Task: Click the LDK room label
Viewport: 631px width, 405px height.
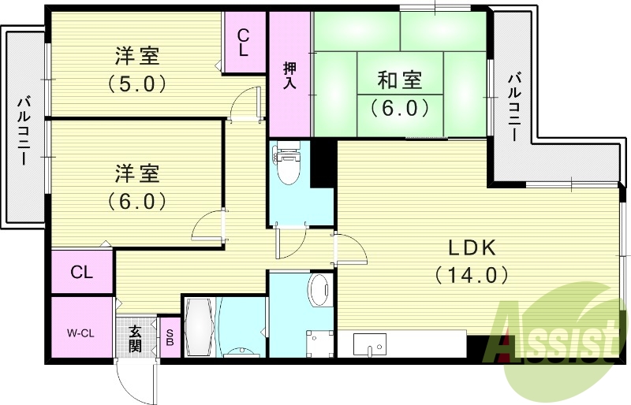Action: pyautogui.click(x=472, y=248)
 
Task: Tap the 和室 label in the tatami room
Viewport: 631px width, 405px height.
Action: pyautogui.click(x=400, y=80)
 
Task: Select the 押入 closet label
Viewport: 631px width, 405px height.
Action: pyautogui.click(x=289, y=76)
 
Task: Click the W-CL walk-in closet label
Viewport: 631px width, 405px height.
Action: pyautogui.click(x=80, y=333)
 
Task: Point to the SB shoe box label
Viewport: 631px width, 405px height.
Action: pyautogui.click(x=170, y=338)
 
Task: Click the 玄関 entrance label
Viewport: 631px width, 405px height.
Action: pyautogui.click(x=135, y=339)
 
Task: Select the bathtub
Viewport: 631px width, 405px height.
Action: pyautogui.click(x=200, y=326)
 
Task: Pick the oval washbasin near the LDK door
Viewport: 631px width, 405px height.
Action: pyautogui.click(x=320, y=290)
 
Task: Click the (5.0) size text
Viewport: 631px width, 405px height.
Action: pyautogui.click(x=136, y=84)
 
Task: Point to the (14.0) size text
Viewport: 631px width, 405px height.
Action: pyautogui.click(x=471, y=275)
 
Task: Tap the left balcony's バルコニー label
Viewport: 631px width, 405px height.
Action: pyautogui.click(x=23, y=130)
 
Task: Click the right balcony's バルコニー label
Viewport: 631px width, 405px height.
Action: pyautogui.click(x=513, y=106)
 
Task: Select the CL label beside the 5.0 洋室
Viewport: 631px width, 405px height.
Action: pyautogui.click(x=243, y=43)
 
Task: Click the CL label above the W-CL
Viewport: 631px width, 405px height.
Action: pyautogui.click(x=82, y=273)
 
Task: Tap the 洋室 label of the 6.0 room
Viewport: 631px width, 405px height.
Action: pyautogui.click(x=136, y=173)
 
